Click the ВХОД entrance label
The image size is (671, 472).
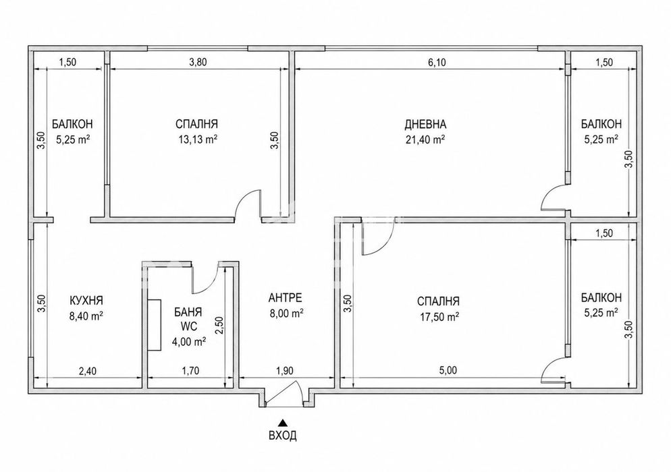[x=282, y=436]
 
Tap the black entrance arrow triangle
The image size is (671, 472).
[x=282, y=423]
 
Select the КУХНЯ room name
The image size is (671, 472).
[x=86, y=300]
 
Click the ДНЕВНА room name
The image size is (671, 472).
[x=425, y=124]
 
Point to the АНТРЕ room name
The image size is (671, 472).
[x=285, y=297]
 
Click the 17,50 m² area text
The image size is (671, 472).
[x=439, y=317]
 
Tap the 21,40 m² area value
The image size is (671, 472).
[x=425, y=140]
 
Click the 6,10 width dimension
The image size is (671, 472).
[x=437, y=63]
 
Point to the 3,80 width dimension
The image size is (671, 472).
[x=198, y=62]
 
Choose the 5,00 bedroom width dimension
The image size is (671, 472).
[x=448, y=370]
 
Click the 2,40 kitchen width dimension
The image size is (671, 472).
[x=87, y=371]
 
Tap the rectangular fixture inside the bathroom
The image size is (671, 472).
[x=155, y=325]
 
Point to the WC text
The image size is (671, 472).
[x=189, y=326]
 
